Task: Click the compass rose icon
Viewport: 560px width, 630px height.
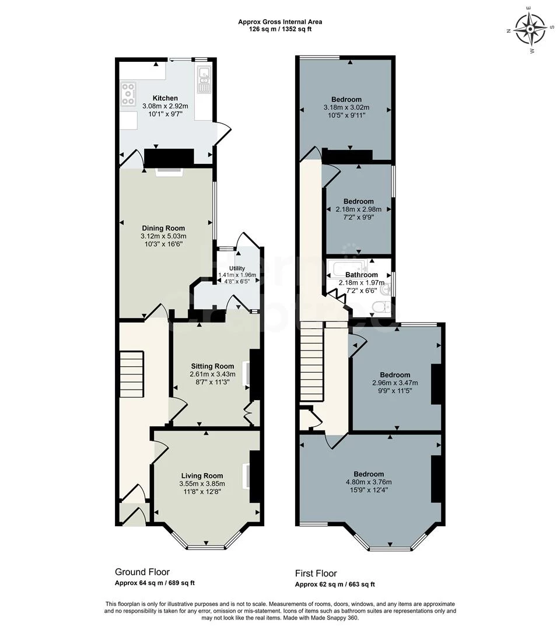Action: point(530,29)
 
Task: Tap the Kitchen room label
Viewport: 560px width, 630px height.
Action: point(165,98)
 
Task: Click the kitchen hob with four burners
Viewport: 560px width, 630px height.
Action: point(128,93)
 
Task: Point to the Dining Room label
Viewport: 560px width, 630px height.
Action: point(163,228)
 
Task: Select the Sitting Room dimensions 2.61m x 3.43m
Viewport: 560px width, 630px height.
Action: point(212,374)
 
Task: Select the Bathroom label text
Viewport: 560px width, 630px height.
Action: point(361,275)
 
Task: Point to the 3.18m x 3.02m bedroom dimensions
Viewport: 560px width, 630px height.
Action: point(346,107)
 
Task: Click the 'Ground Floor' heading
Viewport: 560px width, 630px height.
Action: point(142,572)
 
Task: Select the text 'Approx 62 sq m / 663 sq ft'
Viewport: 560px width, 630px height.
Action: point(335,584)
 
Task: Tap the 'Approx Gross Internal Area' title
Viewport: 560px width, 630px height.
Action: point(280,22)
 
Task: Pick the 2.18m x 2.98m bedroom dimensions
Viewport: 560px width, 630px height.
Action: point(359,209)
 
